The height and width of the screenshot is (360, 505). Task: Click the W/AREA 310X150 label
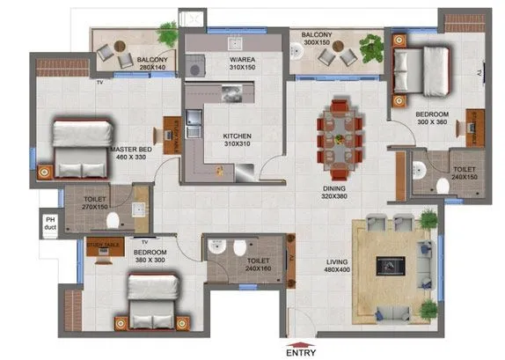[237, 62]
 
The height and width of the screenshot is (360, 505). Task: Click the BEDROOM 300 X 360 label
[431, 119]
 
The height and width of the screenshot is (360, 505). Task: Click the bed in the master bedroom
[77, 148]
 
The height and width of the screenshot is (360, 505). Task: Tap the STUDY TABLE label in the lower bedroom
[104, 242]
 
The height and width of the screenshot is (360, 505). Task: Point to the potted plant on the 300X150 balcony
[371, 45]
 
